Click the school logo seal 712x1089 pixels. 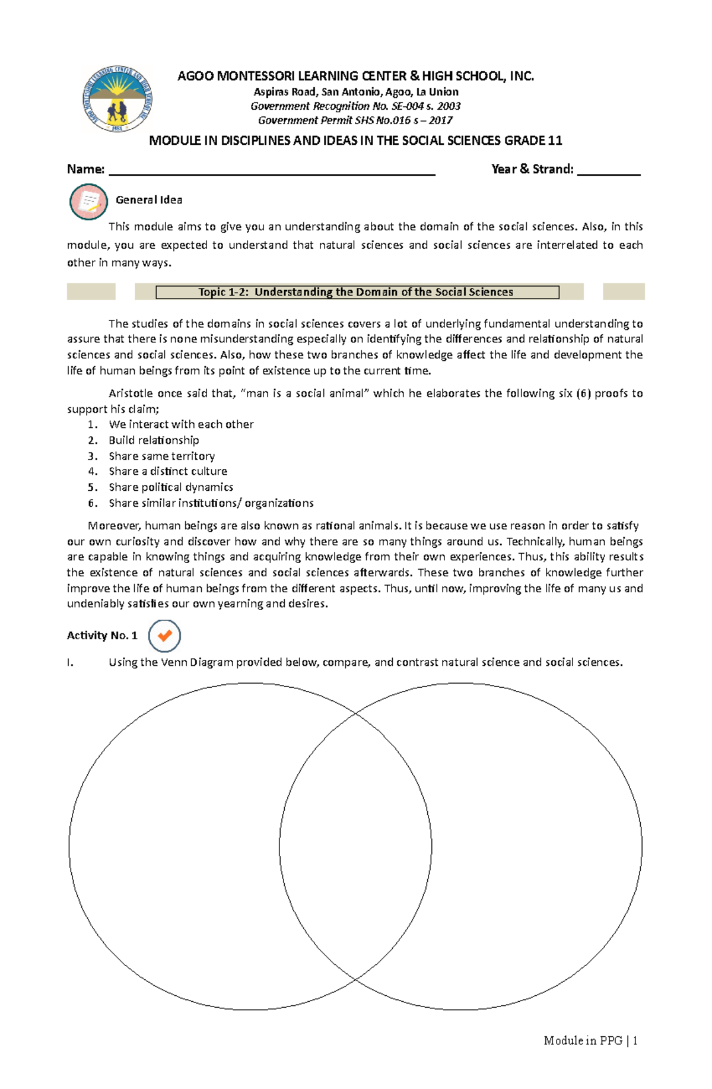point(117,99)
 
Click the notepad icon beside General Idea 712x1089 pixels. point(88,202)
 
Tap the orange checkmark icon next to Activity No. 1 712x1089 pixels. point(164,636)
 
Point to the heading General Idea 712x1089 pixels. point(149,200)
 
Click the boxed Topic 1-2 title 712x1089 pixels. point(357,292)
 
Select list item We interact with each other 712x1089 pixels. point(181,424)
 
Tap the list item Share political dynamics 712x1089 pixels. point(171,487)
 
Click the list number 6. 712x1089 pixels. point(93,503)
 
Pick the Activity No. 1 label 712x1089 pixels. point(102,636)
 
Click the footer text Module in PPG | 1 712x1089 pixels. point(590,1040)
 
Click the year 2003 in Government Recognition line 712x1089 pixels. point(449,106)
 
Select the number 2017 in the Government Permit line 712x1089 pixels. point(440,120)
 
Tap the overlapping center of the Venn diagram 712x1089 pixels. point(355,846)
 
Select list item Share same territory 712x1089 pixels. point(161,456)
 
